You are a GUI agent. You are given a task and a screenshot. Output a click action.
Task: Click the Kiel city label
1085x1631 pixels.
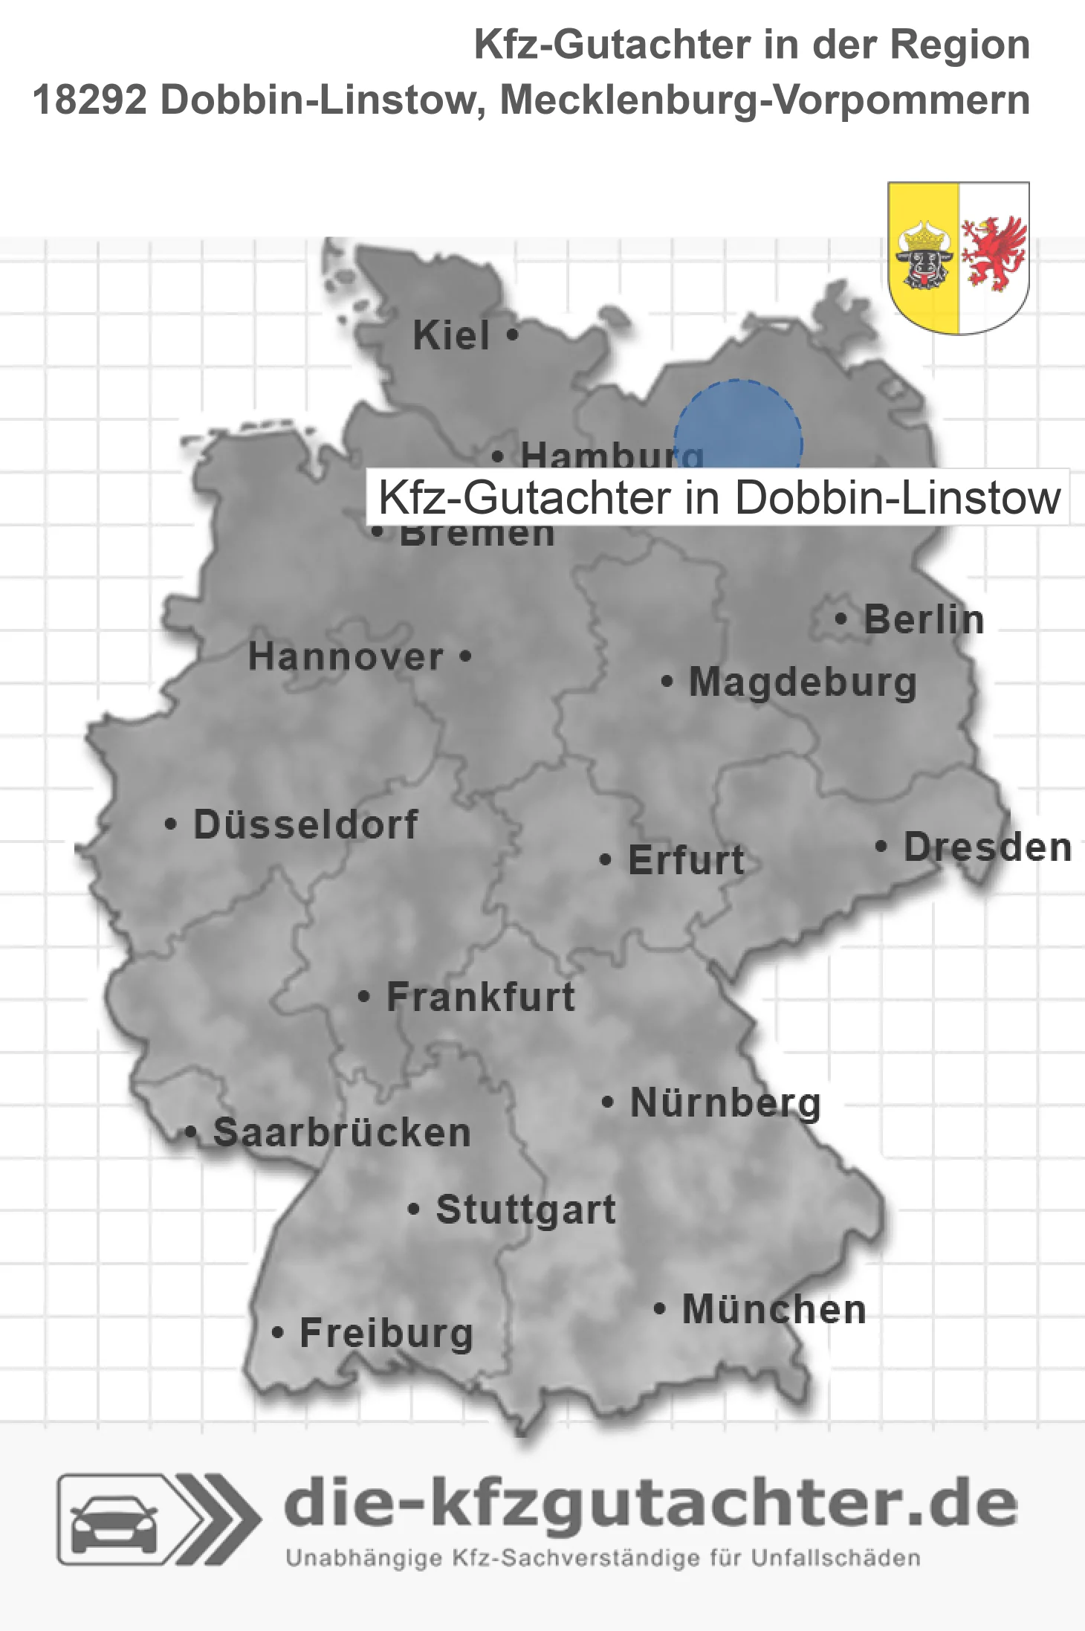coord(451,335)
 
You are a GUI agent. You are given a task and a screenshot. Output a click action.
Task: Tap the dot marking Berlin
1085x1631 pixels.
coord(841,619)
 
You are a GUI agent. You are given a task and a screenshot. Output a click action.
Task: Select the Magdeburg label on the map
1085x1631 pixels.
coord(803,682)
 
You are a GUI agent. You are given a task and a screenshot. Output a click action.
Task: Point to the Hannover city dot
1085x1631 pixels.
coord(466,656)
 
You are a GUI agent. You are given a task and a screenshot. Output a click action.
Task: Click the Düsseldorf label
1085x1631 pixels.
coord(305,824)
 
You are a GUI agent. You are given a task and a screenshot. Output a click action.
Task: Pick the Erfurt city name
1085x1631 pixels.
coord(686,860)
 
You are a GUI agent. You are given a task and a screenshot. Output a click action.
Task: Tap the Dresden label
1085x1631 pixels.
coord(988,847)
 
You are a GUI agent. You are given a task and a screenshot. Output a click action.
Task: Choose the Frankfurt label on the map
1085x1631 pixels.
coord(481,997)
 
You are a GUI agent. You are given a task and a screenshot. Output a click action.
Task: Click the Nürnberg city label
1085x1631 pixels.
coord(725,1102)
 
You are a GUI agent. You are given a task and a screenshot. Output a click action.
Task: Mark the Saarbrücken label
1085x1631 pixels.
coord(342,1133)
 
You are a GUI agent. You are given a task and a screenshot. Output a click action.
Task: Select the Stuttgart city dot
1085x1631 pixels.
coord(414,1209)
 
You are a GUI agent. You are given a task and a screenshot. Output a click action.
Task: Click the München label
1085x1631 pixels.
coord(774,1309)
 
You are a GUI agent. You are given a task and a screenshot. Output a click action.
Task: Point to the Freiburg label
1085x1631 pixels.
coord(386,1333)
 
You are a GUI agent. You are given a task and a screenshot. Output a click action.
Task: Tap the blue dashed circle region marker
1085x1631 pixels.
coord(738,427)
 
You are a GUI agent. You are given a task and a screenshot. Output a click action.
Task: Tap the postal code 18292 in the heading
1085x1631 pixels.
coord(90,100)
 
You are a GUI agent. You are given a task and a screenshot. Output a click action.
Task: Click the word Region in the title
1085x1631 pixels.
coord(959,45)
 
